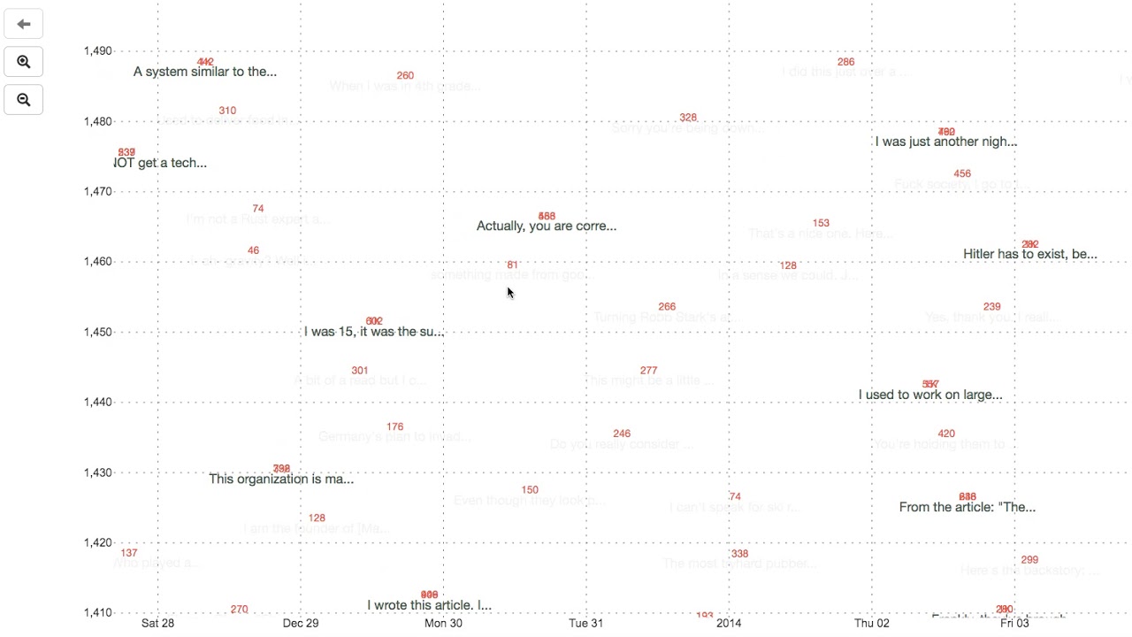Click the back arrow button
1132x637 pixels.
[24, 24]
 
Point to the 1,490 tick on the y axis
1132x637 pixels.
[97, 51]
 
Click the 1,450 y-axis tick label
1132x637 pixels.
[97, 332]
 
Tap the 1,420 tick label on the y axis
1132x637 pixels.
[97, 542]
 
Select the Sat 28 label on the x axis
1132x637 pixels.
[157, 623]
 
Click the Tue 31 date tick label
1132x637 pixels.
[585, 623]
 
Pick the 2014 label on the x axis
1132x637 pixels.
[729, 623]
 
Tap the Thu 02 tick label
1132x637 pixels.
[871, 623]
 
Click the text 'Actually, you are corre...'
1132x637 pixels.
[546, 226]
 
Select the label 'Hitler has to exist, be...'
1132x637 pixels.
[1029, 254]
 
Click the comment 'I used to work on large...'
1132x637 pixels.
[929, 395]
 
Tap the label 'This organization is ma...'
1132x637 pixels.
[281, 479]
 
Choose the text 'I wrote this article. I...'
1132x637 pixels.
[429, 605]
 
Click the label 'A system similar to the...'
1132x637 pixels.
[204, 72]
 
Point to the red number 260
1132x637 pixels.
[405, 75]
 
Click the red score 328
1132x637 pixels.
[688, 118]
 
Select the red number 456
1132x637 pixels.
[962, 173]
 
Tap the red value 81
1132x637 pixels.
[512, 265]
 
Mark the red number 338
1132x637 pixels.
[739, 554]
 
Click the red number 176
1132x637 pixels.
[394, 426]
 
